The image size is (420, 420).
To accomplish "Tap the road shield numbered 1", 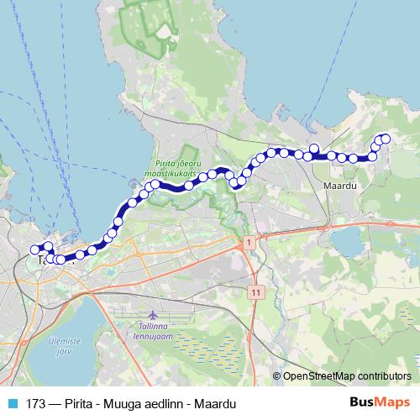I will coord(249,242).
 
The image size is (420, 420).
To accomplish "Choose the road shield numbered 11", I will coord(255,291).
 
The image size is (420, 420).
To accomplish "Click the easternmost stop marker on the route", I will coord(386,139).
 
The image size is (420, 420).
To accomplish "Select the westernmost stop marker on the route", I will coord(35,249).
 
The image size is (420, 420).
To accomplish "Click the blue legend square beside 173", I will coord(13,403).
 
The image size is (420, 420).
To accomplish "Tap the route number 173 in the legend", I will coord(36,403).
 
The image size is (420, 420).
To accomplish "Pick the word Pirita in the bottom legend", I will coord(78,403).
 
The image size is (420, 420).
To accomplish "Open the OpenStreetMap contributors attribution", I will coord(346,375).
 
